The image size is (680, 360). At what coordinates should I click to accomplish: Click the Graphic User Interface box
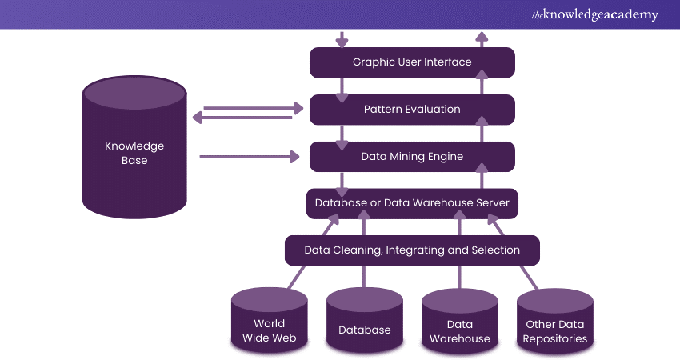tap(412, 62)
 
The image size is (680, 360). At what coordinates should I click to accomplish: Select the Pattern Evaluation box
tap(412, 110)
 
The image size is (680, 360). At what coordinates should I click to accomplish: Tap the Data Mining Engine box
tap(412, 157)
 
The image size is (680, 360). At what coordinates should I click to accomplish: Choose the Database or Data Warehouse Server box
tap(412, 203)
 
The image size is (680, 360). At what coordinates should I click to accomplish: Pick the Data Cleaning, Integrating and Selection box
tap(412, 250)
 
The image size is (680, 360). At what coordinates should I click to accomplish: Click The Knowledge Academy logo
tap(593, 14)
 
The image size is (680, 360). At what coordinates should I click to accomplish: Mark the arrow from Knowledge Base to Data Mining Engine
tap(248, 157)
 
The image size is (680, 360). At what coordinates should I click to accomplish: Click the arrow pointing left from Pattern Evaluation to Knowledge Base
tap(248, 118)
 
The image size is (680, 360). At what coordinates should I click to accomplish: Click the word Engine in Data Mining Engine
tap(445, 157)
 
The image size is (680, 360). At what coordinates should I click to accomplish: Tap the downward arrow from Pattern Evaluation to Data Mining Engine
tap(342, 134)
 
